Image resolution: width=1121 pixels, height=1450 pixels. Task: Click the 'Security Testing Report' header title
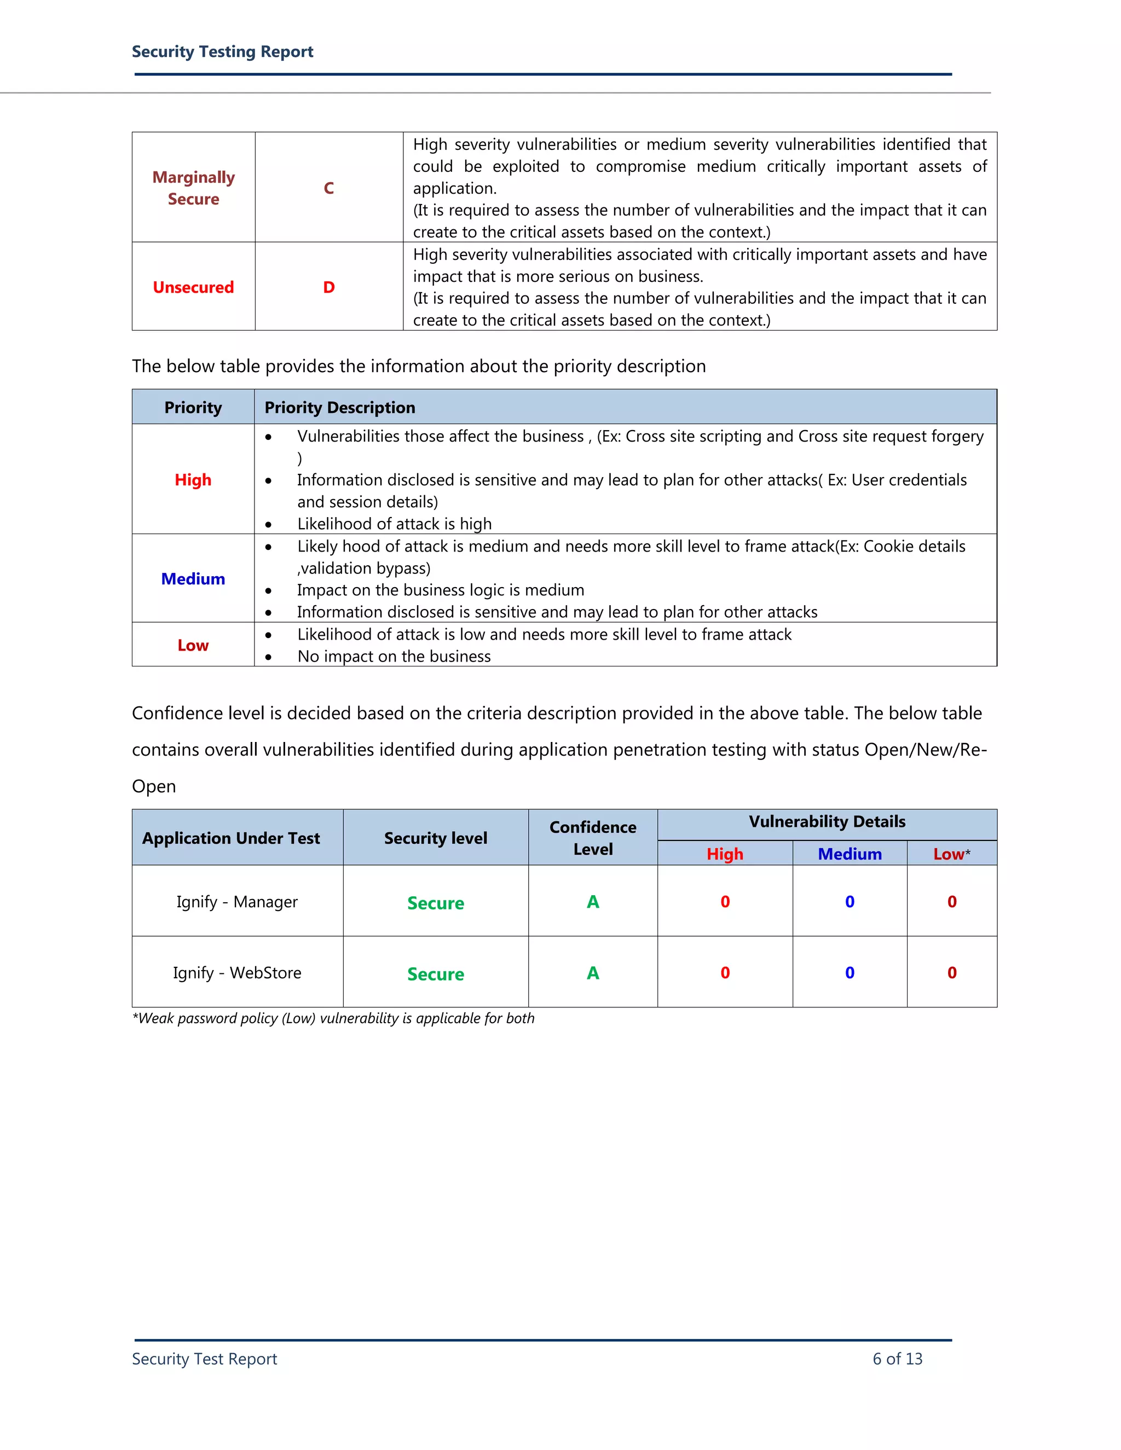(x=222, y=52)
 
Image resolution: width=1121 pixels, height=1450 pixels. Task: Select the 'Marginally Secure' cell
(x=193, y=188)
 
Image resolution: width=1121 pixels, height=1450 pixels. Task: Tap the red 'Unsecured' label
(x=193, y=287)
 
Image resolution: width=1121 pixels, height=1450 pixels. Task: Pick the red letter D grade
(x=329, y=287)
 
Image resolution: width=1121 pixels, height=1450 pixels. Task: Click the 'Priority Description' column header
(x=339, y=408)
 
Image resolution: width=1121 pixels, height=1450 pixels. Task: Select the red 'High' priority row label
(x=193, y=480)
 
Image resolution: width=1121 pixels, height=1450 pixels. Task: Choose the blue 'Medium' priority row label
(x=193, y=579)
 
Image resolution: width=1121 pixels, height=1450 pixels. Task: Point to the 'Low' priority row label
(x=193, y=645)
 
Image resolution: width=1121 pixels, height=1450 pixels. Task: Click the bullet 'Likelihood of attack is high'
(x=395, y=524)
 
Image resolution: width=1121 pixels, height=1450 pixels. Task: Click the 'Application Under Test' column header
(x=231, y=838)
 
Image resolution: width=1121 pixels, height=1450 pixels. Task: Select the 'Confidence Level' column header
(x=593, y=838)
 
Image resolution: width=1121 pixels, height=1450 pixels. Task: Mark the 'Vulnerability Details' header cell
(x=827, y=822)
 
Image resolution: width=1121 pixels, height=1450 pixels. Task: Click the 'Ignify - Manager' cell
(x=237, y=902)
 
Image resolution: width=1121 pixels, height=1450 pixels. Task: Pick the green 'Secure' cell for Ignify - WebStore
(x=436, y=974)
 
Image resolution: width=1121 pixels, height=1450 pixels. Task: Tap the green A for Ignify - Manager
(x=593, y=902)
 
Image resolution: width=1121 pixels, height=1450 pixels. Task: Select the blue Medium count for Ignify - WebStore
(x=850, y=973)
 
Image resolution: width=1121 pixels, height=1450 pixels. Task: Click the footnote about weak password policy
(x=333, y=1018)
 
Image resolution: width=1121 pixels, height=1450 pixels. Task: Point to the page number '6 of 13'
(x=897, y=1359)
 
